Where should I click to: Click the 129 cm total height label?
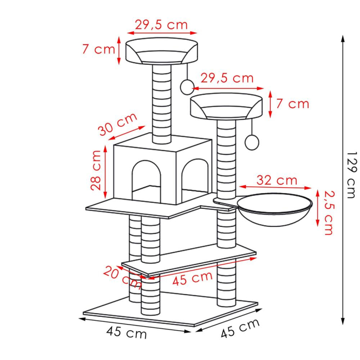351,175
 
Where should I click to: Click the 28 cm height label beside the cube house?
96,170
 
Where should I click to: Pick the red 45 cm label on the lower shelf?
192,279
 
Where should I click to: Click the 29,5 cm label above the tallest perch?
160,25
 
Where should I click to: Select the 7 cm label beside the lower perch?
292,104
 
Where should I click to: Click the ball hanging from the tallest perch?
186,86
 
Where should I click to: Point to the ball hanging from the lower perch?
252,141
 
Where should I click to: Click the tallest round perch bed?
161,51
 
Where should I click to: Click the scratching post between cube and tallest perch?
163,100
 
